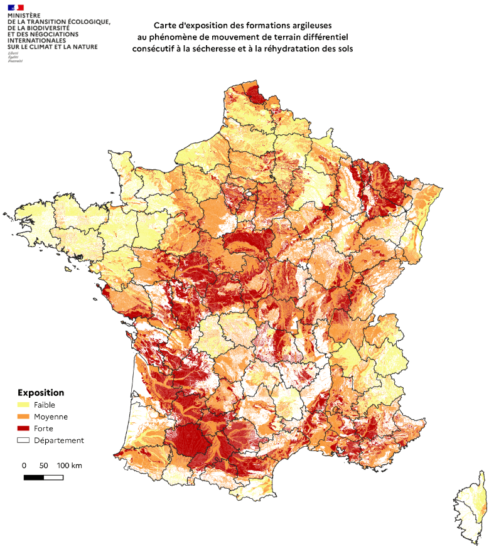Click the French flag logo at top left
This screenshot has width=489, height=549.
(16, 8)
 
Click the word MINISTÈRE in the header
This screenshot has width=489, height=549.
(24, 16)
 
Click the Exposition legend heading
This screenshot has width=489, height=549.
(40, 393)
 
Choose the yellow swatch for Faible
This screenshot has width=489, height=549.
(23, 405)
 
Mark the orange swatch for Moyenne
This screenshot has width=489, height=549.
(23, 417)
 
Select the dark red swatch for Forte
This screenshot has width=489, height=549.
(23, 429)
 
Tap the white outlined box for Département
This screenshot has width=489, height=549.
(23, 440)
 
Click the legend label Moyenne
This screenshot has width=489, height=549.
(51, 417)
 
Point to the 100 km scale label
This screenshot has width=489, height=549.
(70, 466)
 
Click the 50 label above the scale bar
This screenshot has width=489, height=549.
(43, 466)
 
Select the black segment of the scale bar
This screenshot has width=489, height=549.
(33, 477)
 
